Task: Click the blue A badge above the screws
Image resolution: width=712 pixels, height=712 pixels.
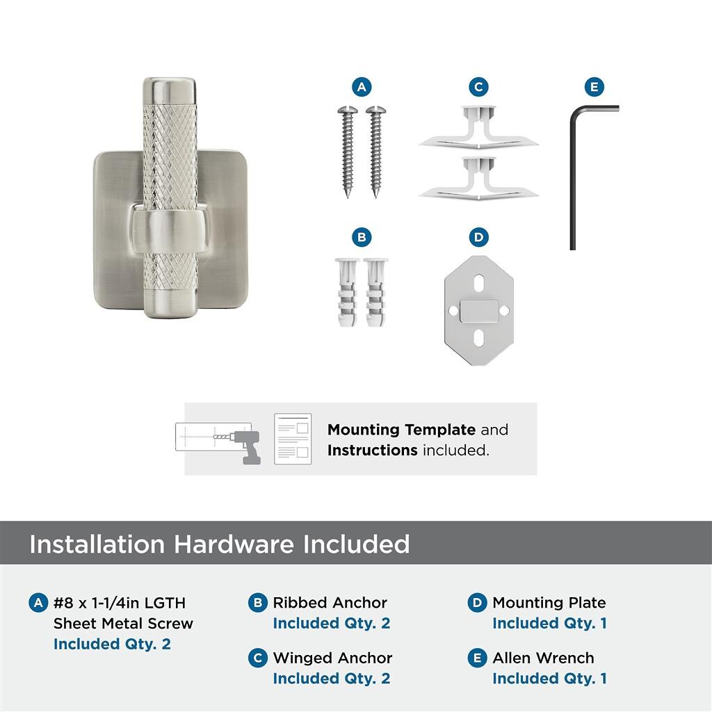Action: (x=362, y=87)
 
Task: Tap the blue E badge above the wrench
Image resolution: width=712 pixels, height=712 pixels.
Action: (x=594, y=87)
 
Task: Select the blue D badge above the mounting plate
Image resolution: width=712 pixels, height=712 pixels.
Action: (x=478, y=237)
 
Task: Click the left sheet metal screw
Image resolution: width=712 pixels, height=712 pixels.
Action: (x=348, y=152)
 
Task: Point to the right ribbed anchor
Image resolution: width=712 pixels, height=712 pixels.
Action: (x=376, y=292)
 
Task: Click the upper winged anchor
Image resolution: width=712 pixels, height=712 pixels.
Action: (x=478, y=128)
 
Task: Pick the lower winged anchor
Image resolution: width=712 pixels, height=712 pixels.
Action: (x=478, y=179)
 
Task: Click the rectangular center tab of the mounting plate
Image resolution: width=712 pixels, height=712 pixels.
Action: (x=478, y=311)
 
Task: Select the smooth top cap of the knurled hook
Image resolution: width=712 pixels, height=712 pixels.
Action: (x=170, y=91)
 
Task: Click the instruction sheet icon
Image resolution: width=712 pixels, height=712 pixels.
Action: (x=293, y=439)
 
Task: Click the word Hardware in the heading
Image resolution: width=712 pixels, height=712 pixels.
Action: (x=234, y=544)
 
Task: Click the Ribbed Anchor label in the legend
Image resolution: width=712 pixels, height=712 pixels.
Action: (x=330, y=603)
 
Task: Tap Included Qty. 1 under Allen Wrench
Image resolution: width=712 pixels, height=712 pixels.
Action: (x=549, y=679)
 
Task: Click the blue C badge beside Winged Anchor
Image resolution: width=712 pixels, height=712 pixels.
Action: (x=258, y=658)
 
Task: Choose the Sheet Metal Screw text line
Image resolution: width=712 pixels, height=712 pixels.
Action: (x=123, y=624)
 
